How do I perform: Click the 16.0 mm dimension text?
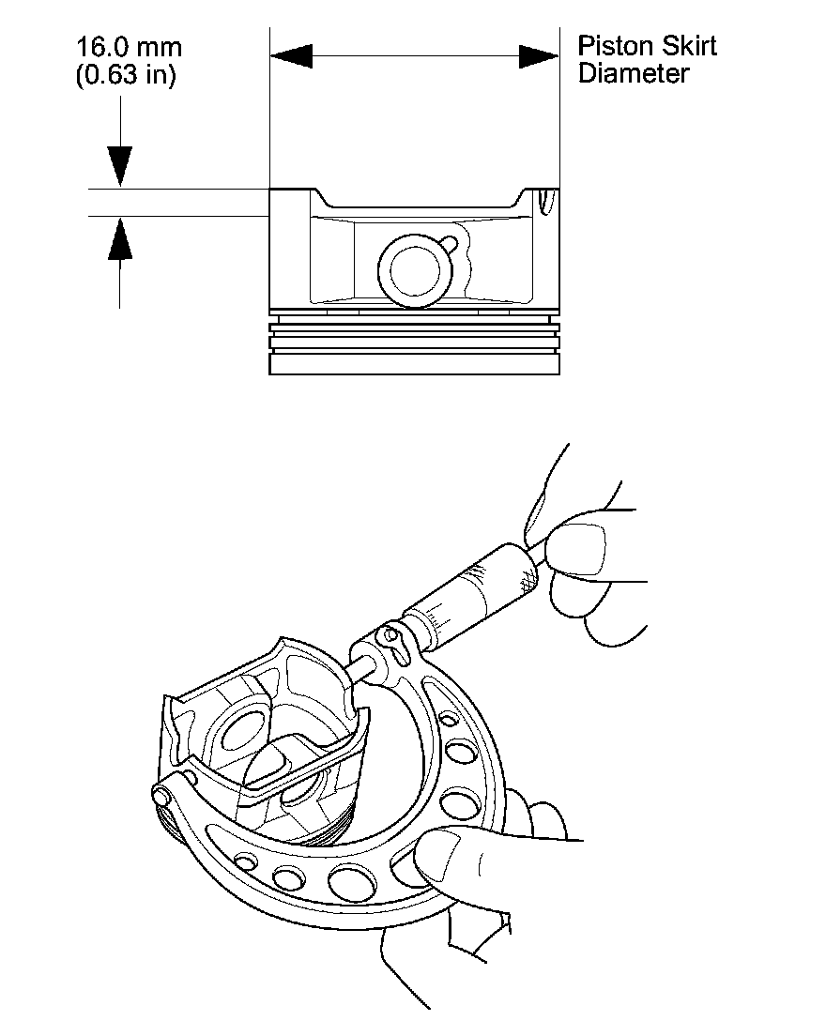(x=129, y=48)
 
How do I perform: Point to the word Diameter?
(x=634, y=73)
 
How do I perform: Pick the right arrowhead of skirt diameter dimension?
(x=539, y=57)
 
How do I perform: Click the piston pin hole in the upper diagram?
(x=414, y=270)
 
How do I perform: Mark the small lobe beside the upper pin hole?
(x=452, y=244)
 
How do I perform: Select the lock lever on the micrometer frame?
(x=393, y=641)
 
